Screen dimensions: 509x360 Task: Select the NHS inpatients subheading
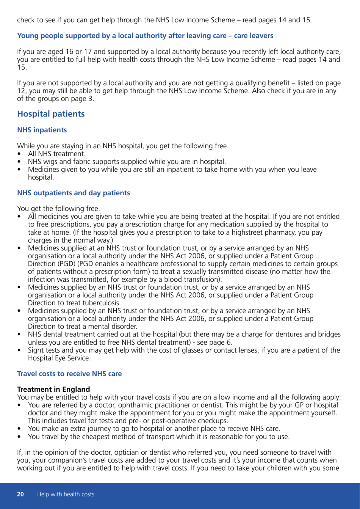42,130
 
